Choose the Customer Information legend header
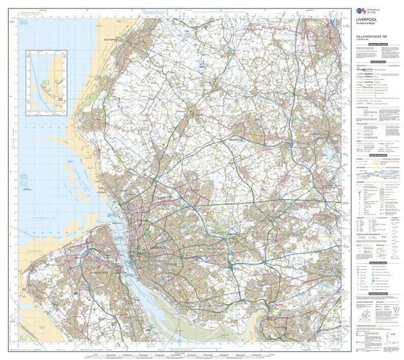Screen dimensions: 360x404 (x=376, y=45)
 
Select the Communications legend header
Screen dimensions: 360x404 (x=376, y=62)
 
